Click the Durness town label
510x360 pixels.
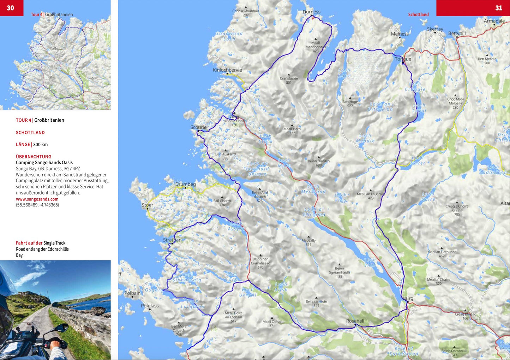(311, 12)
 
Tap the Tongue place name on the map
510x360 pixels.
(403, 59)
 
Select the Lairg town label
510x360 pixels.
(408, 298)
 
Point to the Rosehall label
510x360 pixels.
(355, 321)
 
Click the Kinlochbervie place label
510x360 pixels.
(227, 70)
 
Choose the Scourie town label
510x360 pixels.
(198, 127)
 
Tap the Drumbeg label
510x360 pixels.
(185, 184)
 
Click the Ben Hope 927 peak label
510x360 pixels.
(350, 103)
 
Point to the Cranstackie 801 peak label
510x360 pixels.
(289, 80)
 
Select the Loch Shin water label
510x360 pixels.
(370, 262)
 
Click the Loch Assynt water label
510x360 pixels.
(236, 226)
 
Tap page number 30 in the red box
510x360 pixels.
(11, 8)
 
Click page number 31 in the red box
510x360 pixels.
(498, 8)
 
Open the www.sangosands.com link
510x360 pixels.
(37, 199)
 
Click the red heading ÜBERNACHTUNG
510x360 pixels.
(34, 156)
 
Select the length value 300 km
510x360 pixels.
(40, 144)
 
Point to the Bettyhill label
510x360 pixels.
(457, 33)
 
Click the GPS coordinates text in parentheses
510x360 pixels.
(37, 205)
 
